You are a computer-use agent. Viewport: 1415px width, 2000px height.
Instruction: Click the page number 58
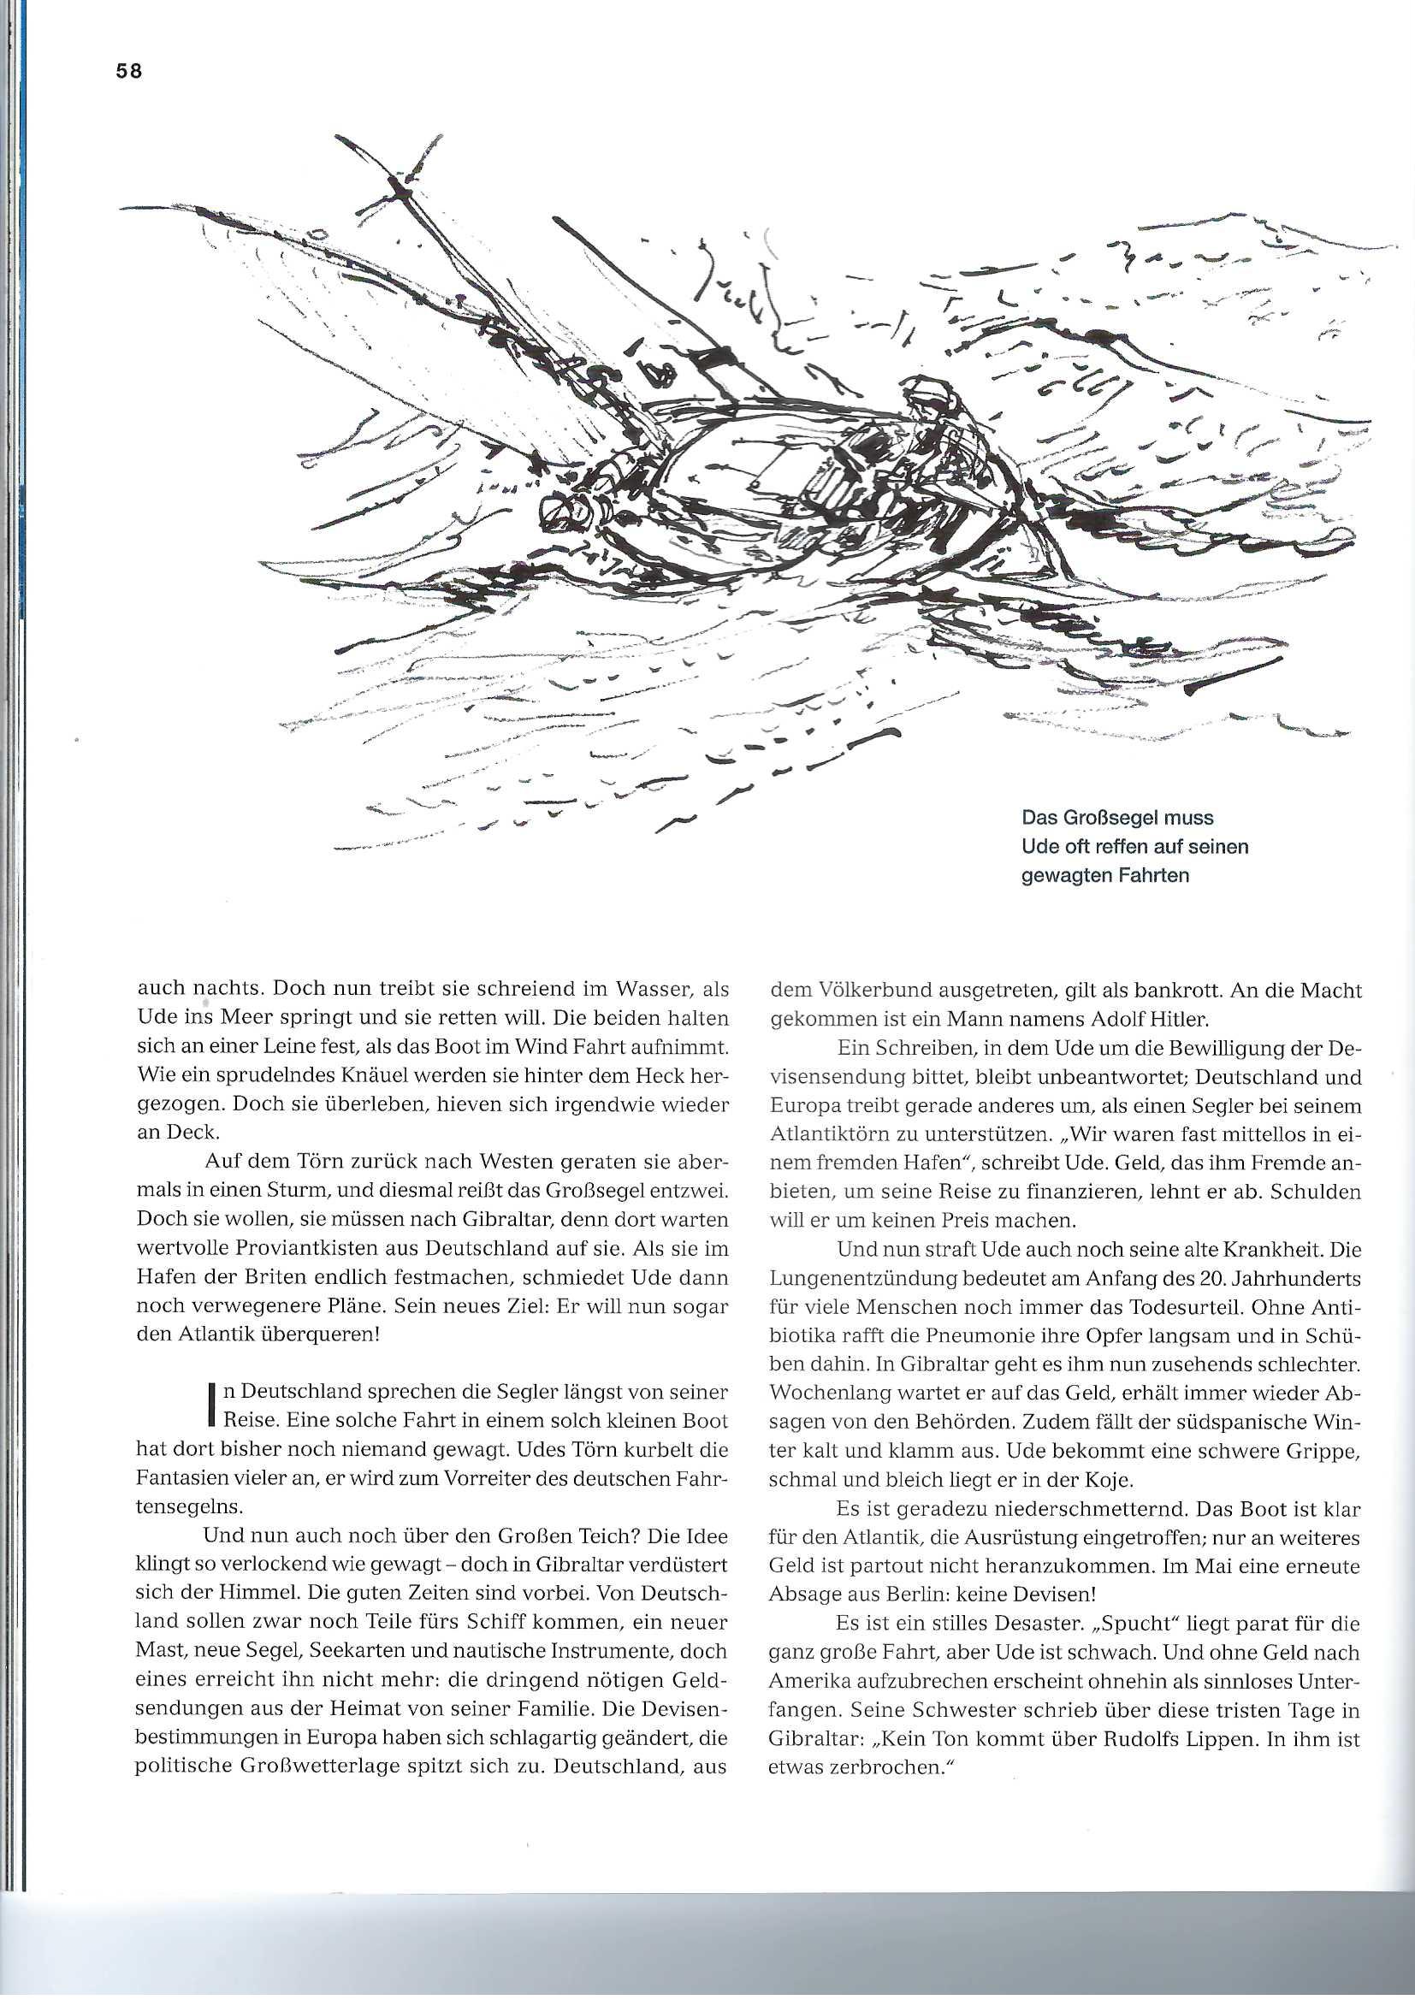coord(128,72)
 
